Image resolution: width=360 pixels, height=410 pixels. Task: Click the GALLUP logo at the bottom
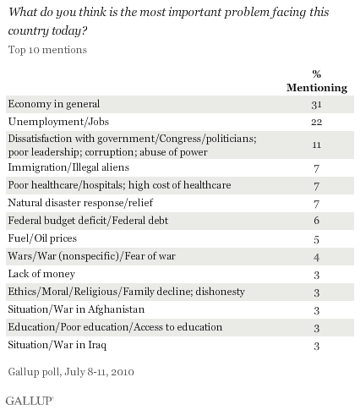pos(30,401)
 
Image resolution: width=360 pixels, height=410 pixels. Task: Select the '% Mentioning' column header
pos(317,81)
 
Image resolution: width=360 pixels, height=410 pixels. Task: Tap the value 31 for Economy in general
pos(317,105)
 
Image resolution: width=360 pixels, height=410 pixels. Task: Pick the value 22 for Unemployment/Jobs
pos(317,122)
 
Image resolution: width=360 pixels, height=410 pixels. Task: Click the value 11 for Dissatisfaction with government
pos(317,145)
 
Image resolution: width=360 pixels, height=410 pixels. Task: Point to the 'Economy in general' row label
pos(54,104)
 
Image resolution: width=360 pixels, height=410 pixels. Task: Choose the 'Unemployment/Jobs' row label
pos(58,122)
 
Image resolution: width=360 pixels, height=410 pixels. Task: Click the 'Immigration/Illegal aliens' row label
pos(68,167)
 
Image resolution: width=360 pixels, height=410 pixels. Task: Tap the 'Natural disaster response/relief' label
pos(80,203)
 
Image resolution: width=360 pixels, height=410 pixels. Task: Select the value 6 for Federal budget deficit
pos(317,221)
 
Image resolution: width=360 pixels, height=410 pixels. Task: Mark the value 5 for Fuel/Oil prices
pos(317,239)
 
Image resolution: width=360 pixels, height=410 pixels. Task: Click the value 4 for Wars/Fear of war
pos(317,257)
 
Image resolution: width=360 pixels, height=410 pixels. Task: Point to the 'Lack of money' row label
pos(41,274)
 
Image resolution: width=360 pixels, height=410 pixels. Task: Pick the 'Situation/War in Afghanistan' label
pos(76,309)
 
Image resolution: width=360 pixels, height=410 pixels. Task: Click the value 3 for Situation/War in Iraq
pos(317,346)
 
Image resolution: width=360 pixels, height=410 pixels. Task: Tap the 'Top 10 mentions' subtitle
pos(47,50)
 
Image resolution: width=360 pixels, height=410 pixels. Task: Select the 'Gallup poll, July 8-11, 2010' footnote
pos(71,372)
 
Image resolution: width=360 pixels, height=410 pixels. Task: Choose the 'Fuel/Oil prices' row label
pos(42,238)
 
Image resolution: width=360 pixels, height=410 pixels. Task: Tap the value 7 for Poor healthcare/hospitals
pos(317,186)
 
